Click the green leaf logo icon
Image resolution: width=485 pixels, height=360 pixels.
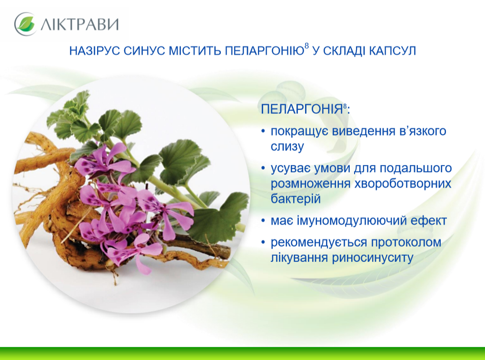tap(25, 24)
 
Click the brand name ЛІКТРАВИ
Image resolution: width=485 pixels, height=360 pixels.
tap(79, 24)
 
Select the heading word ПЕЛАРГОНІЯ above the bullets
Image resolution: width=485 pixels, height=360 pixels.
tap(302, 109)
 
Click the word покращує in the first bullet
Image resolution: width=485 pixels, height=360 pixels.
tap(299, 131)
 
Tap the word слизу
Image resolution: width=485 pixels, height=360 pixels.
tap(287, 147)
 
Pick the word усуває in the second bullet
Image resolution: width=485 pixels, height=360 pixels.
tap(290, 169)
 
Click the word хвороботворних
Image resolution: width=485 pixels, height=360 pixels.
tap(402, 183)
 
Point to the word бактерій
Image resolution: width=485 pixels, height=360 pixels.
tap(296, 199)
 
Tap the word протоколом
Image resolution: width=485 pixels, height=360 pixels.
tap(406, 243)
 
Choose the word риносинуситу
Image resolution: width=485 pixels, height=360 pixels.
tap(372, 258)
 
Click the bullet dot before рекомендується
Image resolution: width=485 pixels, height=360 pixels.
tap(263, 242)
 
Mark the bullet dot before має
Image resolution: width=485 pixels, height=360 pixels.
tap(263, 220)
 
